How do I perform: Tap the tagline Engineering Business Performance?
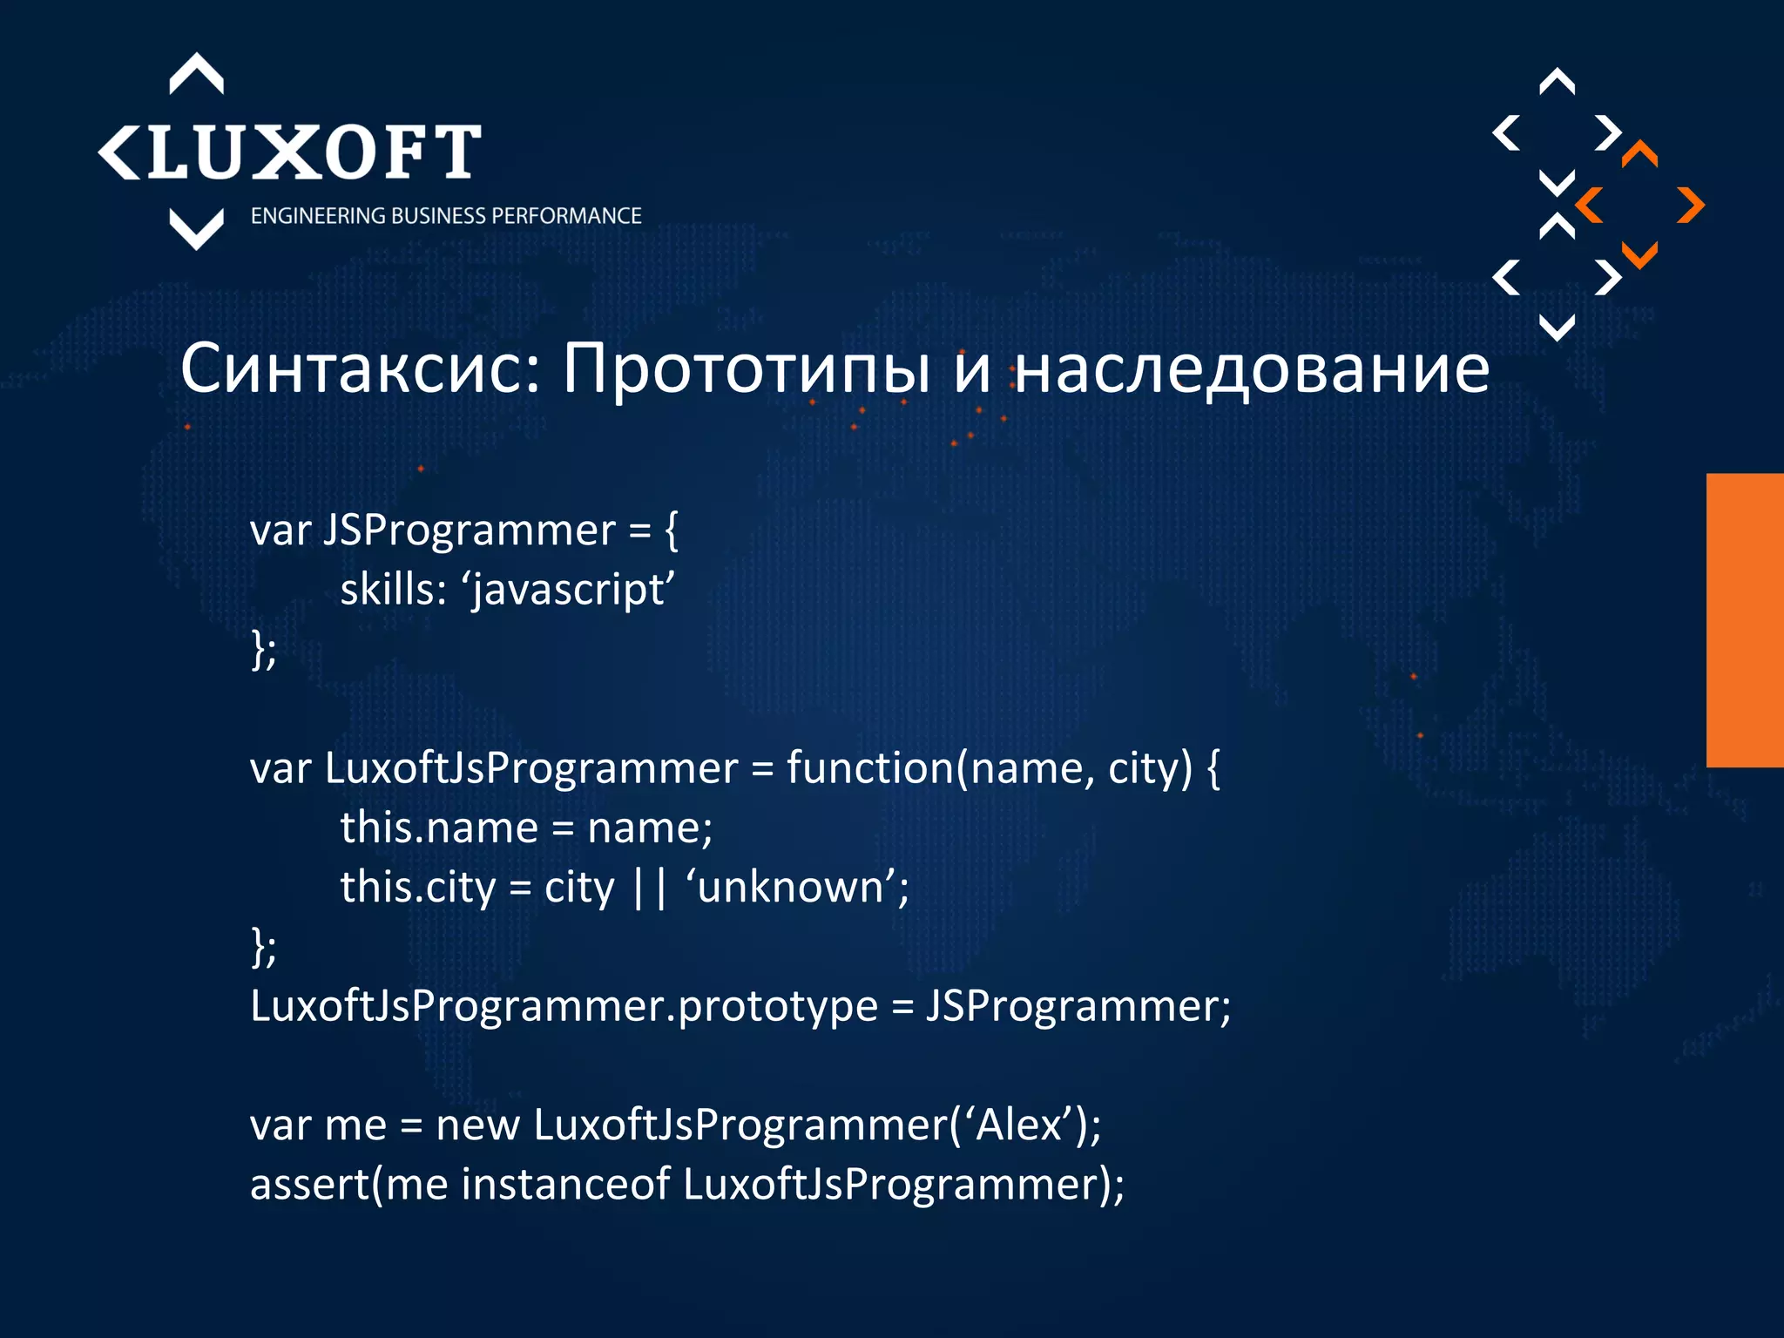(445, 216)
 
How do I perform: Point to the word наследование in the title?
(1253, 368)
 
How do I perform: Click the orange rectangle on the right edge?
(1744, 620)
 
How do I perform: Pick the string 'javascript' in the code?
(572, 590)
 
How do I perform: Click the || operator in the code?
(650, 888)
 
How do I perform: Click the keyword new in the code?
(477, 1125)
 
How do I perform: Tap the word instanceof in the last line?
(565, 1185)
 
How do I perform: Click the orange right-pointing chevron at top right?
(1690, 206)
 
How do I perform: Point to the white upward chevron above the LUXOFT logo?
(196, 73)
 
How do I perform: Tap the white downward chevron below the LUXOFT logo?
(196, 230)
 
